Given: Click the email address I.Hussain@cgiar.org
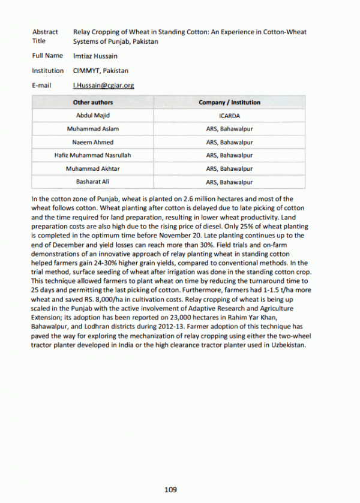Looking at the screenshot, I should (x=103, y=86).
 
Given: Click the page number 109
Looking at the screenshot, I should (x=171, y=490).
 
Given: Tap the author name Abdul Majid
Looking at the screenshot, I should (x=92, y=115).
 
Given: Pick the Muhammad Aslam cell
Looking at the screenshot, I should (x=92, y=129).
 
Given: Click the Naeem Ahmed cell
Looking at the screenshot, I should (x=92, y=143).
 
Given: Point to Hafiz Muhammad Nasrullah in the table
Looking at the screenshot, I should (x=92, y=156).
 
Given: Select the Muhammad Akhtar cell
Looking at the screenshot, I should (x=92, y=169).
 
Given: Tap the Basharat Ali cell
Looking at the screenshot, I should (x=92, y=182).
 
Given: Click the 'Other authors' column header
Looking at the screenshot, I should (x=92, y=103).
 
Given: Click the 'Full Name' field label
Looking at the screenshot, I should (x=47, y=56).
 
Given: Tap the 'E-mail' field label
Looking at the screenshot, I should (x=41, y=86).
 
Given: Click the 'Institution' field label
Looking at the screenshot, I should (x=48, y=71).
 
